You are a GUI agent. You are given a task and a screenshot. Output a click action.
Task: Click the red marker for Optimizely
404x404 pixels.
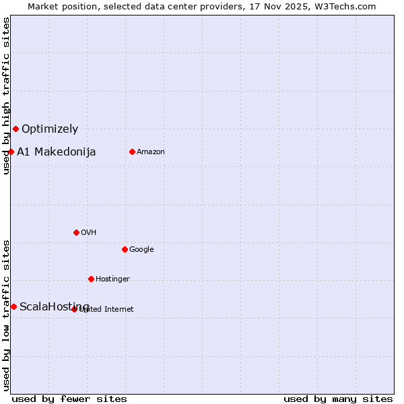(15, 129)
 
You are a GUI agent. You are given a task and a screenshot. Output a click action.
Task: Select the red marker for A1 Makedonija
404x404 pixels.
(11, 151)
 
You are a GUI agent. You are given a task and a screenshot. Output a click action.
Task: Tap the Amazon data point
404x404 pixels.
(132, 151)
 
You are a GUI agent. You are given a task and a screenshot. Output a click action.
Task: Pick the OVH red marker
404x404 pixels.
(76, 232)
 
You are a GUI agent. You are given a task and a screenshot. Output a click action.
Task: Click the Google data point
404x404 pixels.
(125, 249)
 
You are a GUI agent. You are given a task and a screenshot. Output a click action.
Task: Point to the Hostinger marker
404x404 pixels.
(91, 279)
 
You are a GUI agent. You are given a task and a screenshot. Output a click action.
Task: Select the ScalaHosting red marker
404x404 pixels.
(13, 306)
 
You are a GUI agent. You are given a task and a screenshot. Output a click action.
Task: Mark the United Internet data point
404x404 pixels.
(75, 309)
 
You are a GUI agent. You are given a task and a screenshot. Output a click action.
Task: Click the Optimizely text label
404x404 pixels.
(50, 129)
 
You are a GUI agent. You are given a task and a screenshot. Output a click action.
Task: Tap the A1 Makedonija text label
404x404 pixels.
(56, 151)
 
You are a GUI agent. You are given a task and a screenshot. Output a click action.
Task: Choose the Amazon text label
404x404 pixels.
(151, 151)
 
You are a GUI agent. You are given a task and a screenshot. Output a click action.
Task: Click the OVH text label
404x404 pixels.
(89, 232)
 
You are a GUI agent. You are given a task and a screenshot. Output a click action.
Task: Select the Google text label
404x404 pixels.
(141, 249)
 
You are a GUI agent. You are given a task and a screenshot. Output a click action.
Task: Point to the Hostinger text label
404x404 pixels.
(112, 279)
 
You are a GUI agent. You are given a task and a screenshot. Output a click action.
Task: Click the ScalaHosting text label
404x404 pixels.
(54, 306)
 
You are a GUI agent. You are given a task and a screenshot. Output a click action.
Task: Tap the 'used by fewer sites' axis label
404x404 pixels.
(69, 399)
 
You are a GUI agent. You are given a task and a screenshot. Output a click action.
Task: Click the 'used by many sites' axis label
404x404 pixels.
(338, 399)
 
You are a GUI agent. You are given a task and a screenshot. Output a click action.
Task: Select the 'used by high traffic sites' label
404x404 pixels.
(6, 96)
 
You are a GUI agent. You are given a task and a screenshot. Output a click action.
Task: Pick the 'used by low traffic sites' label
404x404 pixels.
(6, 314)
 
